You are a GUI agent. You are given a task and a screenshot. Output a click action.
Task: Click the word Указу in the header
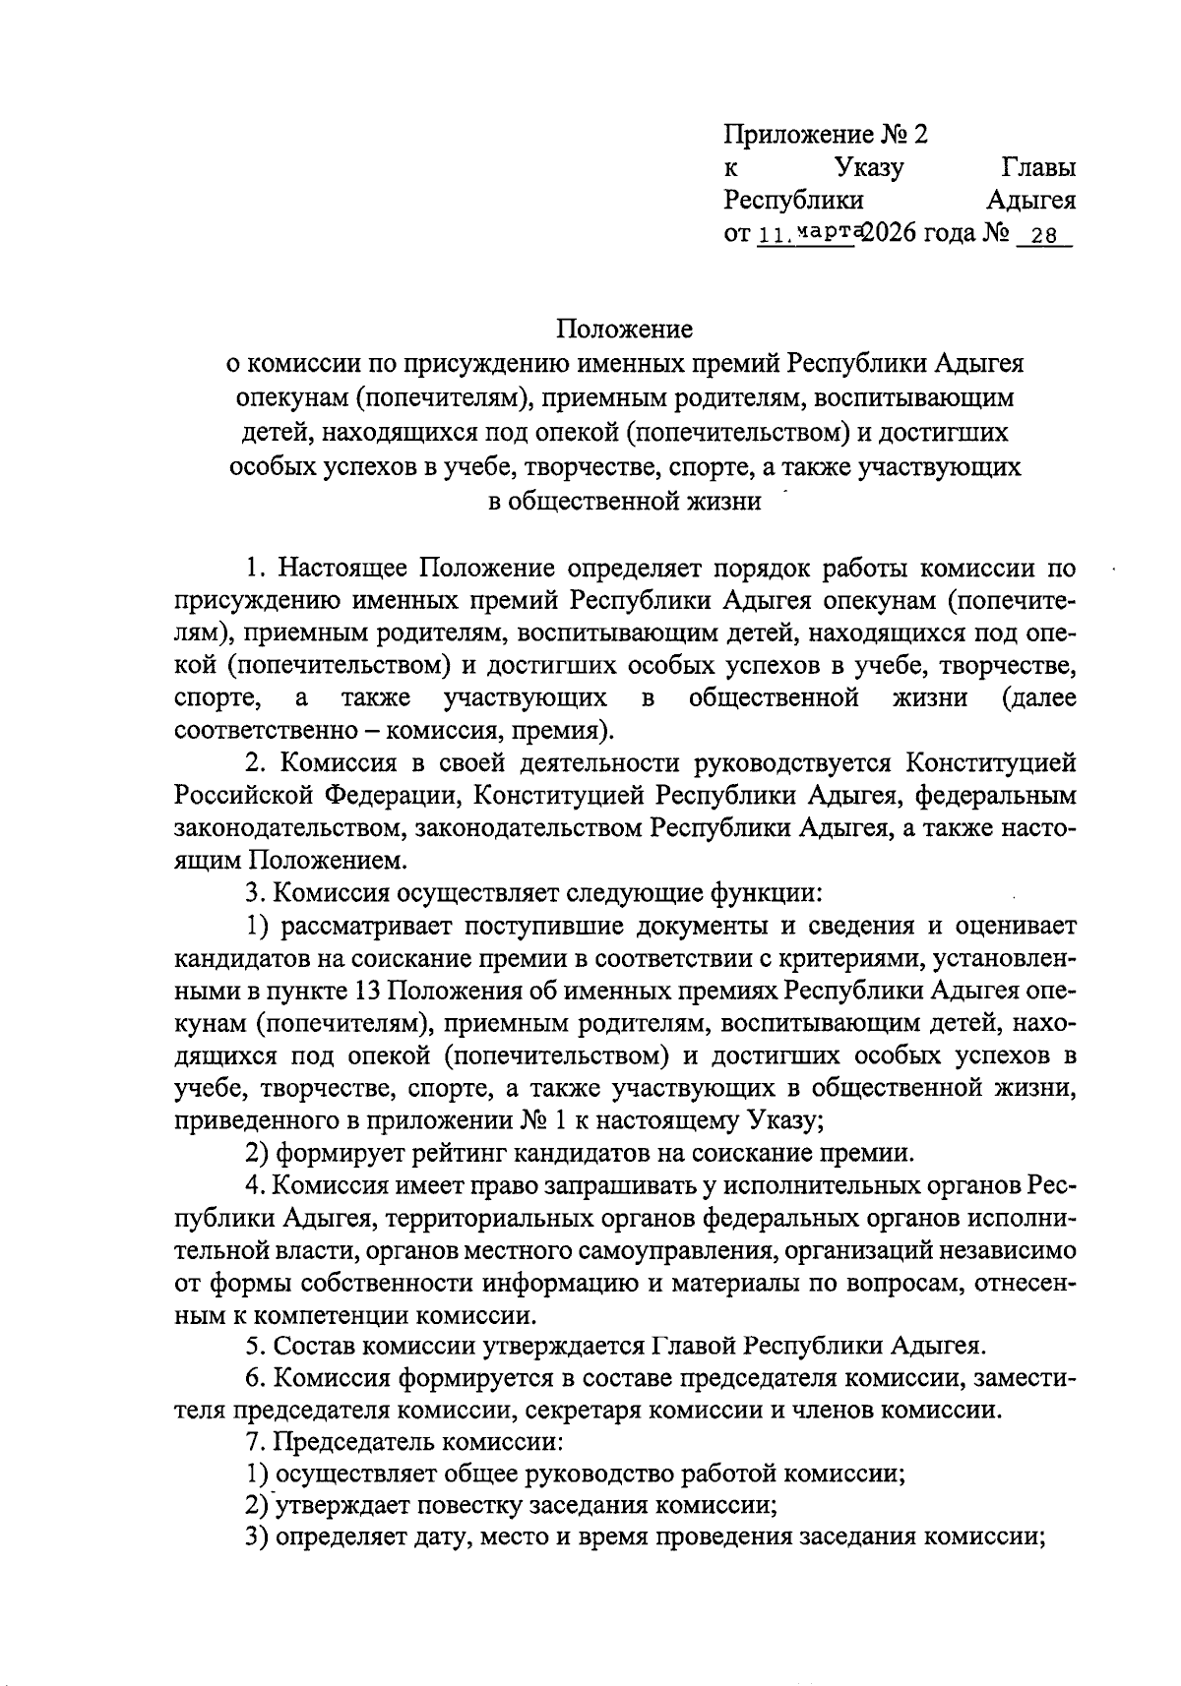click(869, 168)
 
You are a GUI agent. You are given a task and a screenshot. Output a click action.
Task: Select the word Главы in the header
click(1037, 168)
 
